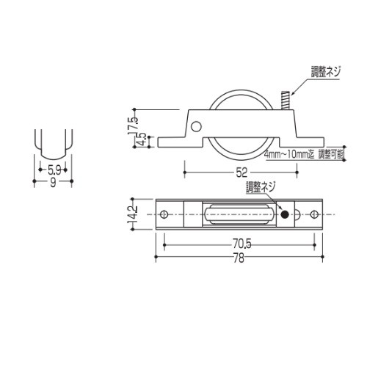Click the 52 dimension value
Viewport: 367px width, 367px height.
pos(241,172)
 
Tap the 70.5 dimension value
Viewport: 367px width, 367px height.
pos(241,244)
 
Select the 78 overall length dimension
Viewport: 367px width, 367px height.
pos(239,258)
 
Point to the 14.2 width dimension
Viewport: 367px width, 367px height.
pos(134,215)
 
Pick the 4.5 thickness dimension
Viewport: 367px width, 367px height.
pos(143,139)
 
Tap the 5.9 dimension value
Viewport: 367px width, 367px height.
pos(54,170)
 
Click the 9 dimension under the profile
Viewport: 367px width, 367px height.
pos(53,183)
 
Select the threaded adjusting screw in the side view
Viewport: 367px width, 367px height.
pos(286,101)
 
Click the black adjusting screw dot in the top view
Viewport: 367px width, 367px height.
pos(285,215)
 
